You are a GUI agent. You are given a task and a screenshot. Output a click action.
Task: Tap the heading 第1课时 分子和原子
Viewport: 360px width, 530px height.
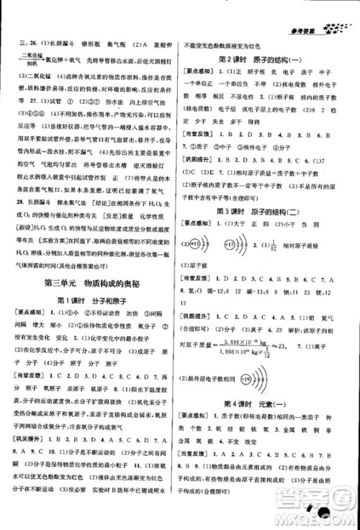tap(91, 300)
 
